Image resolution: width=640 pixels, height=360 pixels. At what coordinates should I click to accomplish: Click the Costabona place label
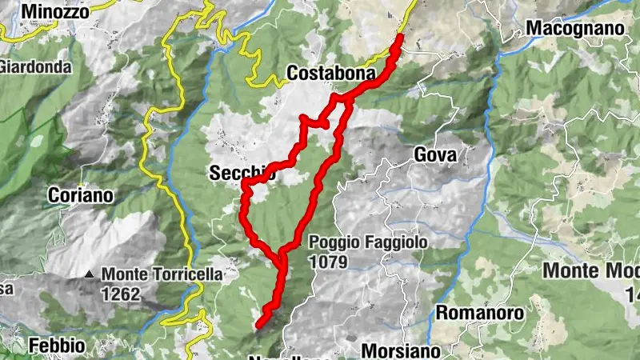coord(331,74)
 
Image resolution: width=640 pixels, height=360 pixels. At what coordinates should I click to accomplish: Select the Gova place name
coord(436,154)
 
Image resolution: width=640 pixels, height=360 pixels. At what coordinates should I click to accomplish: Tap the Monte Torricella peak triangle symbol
coord(90,275)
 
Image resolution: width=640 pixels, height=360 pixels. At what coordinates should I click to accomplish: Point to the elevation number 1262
coord(121,294)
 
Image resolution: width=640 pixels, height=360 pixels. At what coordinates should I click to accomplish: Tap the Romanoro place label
coord(479,312)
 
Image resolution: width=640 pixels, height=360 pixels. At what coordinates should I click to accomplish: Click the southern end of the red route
coord(259,324)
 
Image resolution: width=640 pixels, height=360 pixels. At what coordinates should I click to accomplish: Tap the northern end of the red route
coord(399,37)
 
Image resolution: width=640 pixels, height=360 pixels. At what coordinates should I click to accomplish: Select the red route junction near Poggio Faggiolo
coord(282,258)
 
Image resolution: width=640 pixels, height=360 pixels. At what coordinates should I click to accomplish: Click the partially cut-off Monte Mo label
coord(590,270)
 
